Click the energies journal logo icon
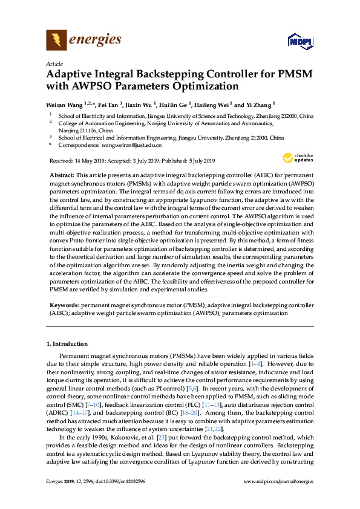56,41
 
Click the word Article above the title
54,63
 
